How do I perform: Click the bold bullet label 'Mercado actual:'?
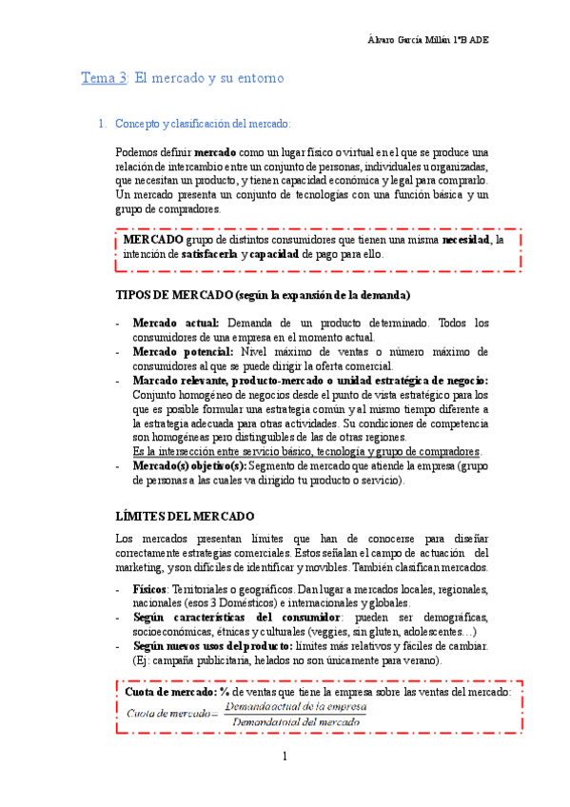click(177, 323)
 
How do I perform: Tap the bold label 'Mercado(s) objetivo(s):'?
click(190, 465)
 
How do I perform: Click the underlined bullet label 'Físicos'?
click(148, 589)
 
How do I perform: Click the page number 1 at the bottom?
click(284, 757)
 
